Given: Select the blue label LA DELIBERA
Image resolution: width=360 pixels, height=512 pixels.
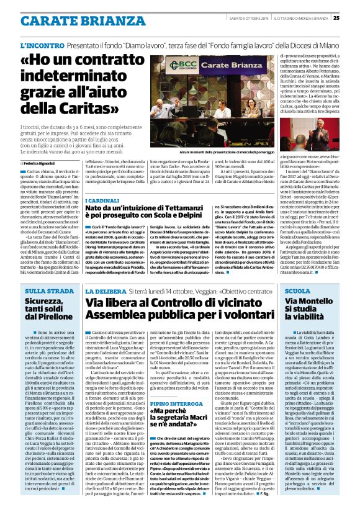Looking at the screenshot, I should (x=106, y=290).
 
